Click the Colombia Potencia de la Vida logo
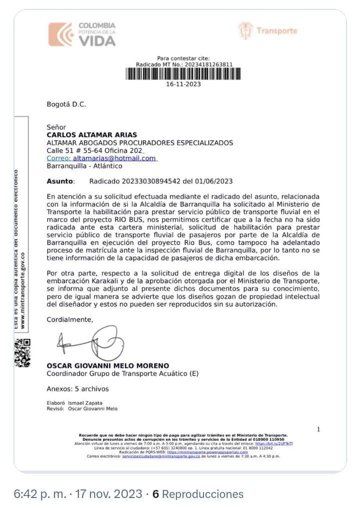pyautogui.click(x=82, y=34)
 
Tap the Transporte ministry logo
pyautogui.click(x=267, y=31)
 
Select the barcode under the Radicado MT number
pyautogui.click(x=183, y=74)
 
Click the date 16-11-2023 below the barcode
pyautogui.click(x=183, y=84)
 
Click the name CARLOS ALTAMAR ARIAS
pyautogui.click(x=91, y=135)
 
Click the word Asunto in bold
pyautogui.click(x=60, y=181)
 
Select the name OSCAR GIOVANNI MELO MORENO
pyautogui.click(x=107, y=366)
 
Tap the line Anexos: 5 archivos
pyautogui.click(x=77, y=389)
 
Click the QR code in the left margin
pyautogui.click(x=22, y=352)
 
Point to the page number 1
pyautogui.click(x=318, y=429)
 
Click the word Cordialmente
pyautogui.click(x=69, y=319)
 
